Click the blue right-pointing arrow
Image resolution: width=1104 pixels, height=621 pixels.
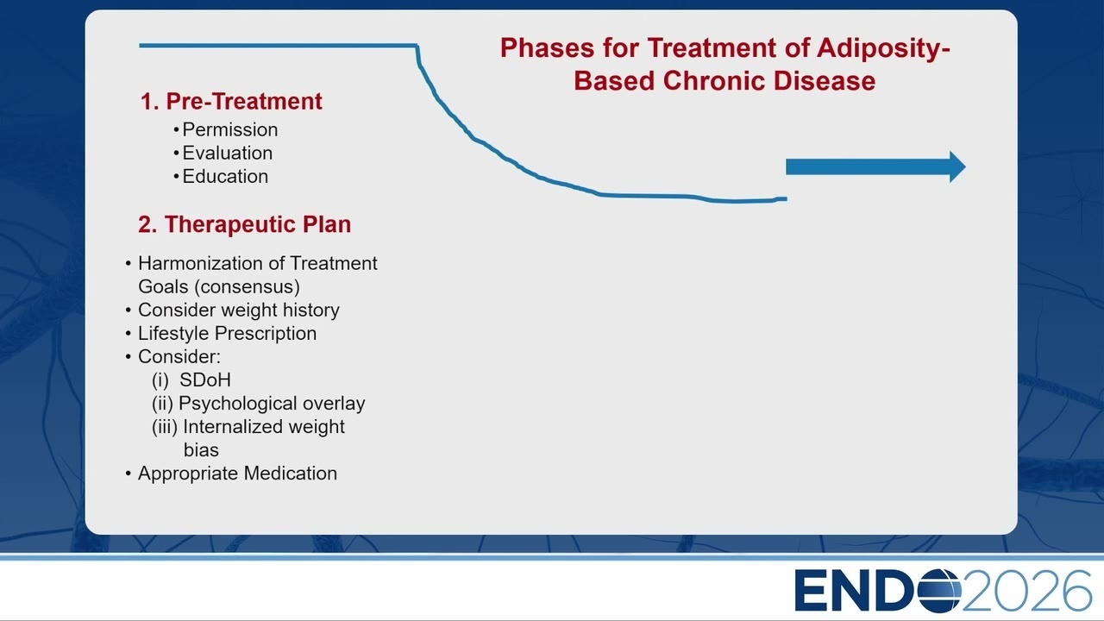point(875,166)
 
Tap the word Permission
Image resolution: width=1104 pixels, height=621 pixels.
point(230,129)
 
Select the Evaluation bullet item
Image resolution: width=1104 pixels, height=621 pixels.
point(223,153)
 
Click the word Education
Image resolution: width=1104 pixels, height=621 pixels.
point(225,177)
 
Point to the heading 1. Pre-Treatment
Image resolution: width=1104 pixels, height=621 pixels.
point(231,101)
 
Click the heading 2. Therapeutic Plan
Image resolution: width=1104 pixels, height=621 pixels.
point(244,224)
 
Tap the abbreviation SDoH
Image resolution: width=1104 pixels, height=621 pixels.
point(205,380)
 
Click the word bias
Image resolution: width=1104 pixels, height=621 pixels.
point(201,450)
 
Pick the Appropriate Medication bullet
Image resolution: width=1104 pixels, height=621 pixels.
point(232,474)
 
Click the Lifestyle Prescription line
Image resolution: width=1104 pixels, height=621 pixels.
point(222,334)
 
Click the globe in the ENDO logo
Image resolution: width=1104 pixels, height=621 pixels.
point(939,590)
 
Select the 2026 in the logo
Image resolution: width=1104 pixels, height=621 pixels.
point(1027,590)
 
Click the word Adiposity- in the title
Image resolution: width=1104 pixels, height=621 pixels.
point(883,48)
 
